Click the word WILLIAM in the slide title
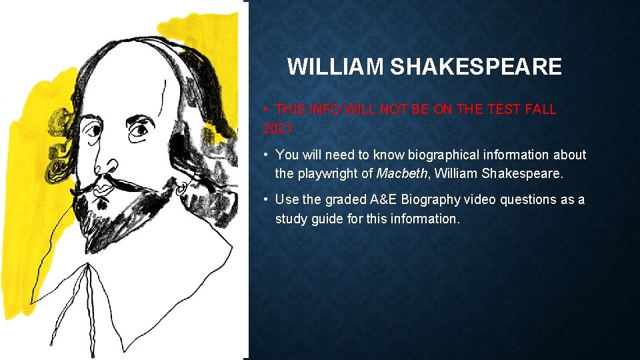pos(335,67)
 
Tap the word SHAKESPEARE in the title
pos(475,67)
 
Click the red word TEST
pos(494,109)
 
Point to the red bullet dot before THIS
pos(265,109)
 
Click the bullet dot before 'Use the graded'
pos(266,199)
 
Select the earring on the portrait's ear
pos(182,189)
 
